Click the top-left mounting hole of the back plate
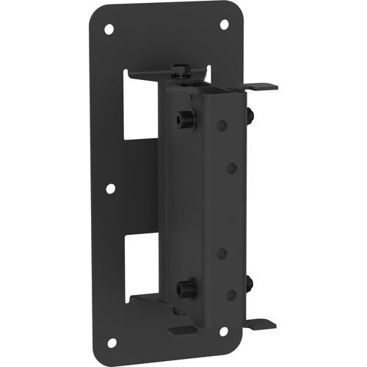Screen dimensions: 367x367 (x=109, y=29)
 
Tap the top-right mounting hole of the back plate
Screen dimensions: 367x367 (x=225, y=24)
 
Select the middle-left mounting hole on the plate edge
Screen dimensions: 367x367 (x=109, y=189)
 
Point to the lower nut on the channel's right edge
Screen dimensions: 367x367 (x=251, y=282)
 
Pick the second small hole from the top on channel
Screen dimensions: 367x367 (x=231, y=168)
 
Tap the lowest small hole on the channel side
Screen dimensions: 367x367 (x=231, y=294)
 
